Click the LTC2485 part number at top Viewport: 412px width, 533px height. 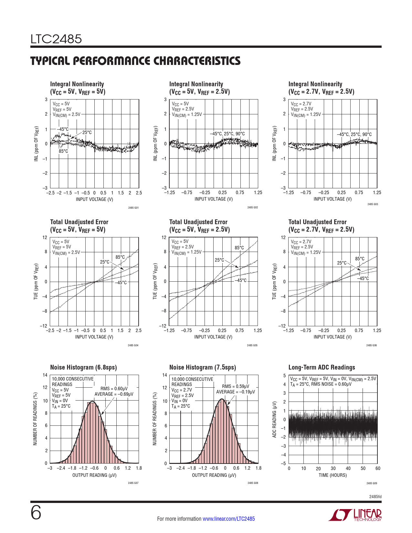[x=56, y=39]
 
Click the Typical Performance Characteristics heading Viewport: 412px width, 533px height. [x=135, y=61]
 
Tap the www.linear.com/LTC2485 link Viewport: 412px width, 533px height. [x=228, y=519]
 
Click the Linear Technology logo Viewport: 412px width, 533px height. [x=355, y=515]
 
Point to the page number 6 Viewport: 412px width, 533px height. [x=36, y=513]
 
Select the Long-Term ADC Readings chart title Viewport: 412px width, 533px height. [x=322, y=367]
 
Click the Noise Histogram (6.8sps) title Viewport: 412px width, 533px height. [x=83, y=367]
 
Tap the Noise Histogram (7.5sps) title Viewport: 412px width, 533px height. [x=203, y=367]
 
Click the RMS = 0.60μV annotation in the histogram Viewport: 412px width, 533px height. [x=114, y=389]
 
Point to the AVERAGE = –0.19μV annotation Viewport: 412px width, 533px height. [x=236, y=392]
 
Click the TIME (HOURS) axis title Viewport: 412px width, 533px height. [x=333, y=475]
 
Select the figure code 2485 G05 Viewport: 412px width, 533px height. [x=252, y=345]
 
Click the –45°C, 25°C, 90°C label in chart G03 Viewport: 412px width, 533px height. [x=354, y=134]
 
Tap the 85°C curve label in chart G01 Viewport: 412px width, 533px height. [x=63, y=151]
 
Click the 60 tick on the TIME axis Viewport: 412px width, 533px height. [x=378, y=468]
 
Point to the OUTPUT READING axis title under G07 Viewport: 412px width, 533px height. [x=94, y=475]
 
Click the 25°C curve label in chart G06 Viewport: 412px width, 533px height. [x=342, y=263]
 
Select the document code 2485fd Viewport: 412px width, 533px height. [x=375, y=496]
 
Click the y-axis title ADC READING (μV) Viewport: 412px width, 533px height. [x=274, y=419]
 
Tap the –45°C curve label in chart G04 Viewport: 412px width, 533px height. [x=121, y=283]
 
